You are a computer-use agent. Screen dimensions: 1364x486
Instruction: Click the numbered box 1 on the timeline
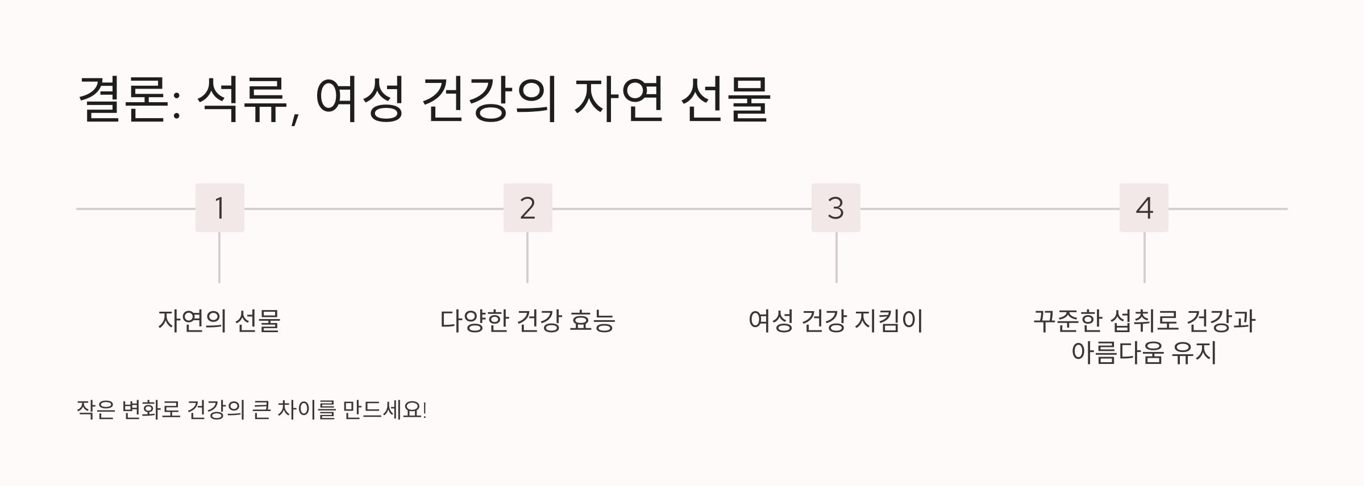(x=219, y=208)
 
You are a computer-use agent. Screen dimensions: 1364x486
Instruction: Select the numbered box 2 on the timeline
(x=527, y=208)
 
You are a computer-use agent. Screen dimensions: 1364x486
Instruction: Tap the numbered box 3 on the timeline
(x=835, y=208)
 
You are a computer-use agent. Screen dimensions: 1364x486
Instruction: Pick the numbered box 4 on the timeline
(x=1143, y=208)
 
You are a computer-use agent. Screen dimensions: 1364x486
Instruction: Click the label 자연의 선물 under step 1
(x=219, y=321)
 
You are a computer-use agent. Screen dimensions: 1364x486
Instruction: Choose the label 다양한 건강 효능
(x=527, y=321)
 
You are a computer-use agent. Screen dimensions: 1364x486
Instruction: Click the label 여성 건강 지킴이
(x=835, y=321)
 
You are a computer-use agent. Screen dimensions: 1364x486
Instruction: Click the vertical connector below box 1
(x=219, y=257)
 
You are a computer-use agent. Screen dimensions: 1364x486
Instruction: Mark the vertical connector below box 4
(x=1144, y=257)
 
